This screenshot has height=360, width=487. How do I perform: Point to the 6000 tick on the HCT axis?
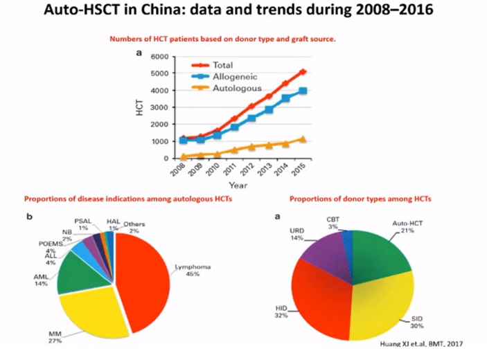(160, 56)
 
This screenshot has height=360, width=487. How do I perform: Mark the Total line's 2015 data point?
(303, 71)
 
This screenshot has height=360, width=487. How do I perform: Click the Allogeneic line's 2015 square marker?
(303, 91)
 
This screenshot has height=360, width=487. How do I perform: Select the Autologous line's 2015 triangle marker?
(303, 138)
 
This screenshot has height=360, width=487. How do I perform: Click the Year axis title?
(238, 185)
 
